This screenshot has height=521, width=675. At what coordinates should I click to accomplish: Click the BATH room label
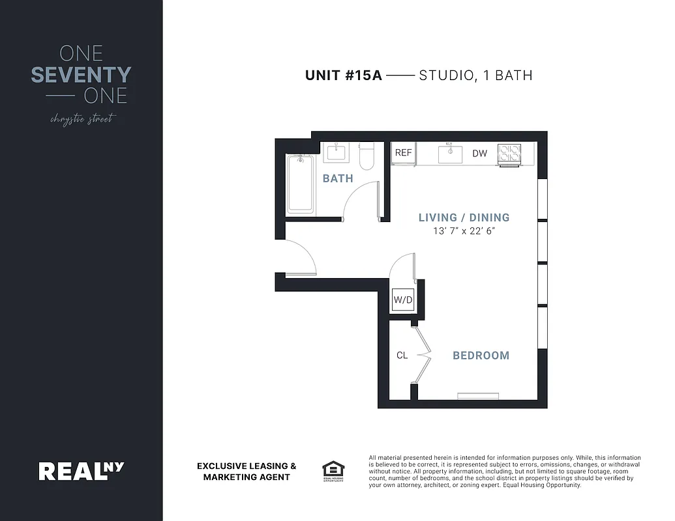[x=338, y=178]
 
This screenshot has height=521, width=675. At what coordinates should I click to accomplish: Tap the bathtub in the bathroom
[x=301, y=184]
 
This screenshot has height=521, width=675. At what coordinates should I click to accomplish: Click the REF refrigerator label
[x=404, y=153]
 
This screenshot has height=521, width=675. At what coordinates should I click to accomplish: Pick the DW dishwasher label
[x=480, y=154]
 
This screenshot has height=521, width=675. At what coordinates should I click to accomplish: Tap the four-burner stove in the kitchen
[x=509, y=154]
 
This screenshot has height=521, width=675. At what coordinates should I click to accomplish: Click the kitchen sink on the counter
[x=450, y=154]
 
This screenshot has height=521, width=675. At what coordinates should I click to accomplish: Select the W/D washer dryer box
[x=402, y=300]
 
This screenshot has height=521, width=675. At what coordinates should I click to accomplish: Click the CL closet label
[x=402, y=356]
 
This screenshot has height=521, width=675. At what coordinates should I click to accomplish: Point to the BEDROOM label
[x=481, y=356]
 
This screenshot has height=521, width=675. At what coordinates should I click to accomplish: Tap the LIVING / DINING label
[x=464, y=218]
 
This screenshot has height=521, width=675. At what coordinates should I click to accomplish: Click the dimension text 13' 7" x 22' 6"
[x=464, y=231]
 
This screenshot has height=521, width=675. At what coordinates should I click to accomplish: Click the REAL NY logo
[x=81, y=470]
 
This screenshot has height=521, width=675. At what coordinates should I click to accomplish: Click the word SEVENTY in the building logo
[x=81, y=75]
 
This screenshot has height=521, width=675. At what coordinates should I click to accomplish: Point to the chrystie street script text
[x=82, y=119]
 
